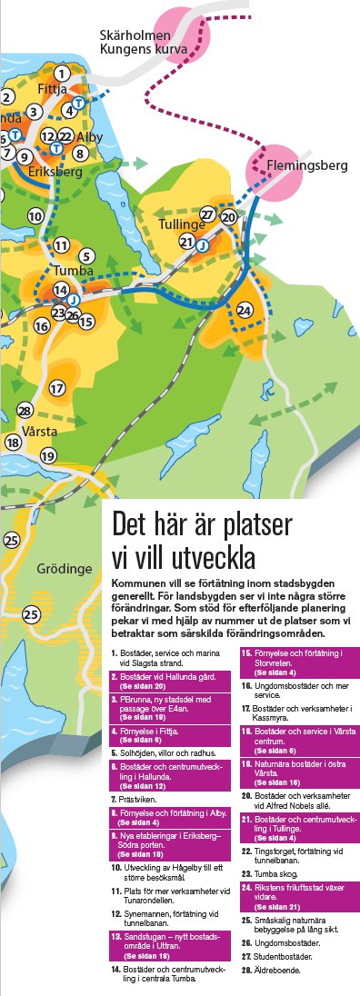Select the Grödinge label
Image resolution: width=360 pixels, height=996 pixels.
tap(65, 570)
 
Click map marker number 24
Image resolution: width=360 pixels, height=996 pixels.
tap(244, 311)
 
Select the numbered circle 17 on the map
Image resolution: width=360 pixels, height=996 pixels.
tap(57, 388)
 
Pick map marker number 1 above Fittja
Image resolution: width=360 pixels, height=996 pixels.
tap(61, 74)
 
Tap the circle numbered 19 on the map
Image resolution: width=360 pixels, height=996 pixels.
tap(48, 455)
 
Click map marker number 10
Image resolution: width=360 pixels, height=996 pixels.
tap(35, 216)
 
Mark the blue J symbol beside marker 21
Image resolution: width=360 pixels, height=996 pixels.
tap(203, 244)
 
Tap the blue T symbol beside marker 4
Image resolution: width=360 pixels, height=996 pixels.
tap(79, 103)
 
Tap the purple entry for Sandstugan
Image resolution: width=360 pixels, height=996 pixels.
tap(169, 942)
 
